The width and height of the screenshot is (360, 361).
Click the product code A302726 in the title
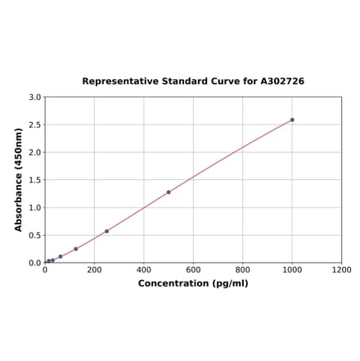pyautogui.click(x=282, y=82)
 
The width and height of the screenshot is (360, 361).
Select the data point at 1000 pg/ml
pyautogui.click(x=292, y=120)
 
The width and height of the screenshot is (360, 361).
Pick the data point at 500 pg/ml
pyautogui.click(x=169, y=192)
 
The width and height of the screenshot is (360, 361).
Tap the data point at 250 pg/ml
pyautogui.click(x=106, y=231)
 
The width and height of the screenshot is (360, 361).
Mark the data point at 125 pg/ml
pyautogui.click(x=76, y=249)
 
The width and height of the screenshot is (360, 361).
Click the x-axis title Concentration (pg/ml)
pyautogui.click(x=193, y=283)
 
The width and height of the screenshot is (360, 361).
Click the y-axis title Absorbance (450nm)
pyautogui.click(x=19, y=179)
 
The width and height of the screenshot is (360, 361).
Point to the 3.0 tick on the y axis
pyautogui.click(x=35, y=97)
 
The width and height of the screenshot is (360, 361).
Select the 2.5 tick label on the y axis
pyautogui.click(x=35, y=125)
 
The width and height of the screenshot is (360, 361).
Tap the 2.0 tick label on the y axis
pyautogui.click(x=35, y=152)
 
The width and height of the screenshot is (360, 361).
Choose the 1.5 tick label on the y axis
pyautogui.click(x=35, y=180)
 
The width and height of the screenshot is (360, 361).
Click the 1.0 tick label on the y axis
pyautogui.click(x=35, y=208)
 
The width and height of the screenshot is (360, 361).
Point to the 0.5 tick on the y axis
pyautogui.click(x=35, y=236)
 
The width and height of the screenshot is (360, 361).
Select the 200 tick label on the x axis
pyautogui.click(x=94, y=269)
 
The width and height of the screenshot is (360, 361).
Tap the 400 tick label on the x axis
pyautogui.click(x=144, y=269)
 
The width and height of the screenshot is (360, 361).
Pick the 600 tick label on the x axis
pyautogui.click(x=193, y=269)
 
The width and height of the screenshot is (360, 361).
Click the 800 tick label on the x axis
pyautogui.click(x=243, y=269)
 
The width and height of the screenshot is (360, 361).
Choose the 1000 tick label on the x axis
pyautogui.click(x=292, y=269)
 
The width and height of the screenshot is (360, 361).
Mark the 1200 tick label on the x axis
pyautogui.click(x=341, y=269)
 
